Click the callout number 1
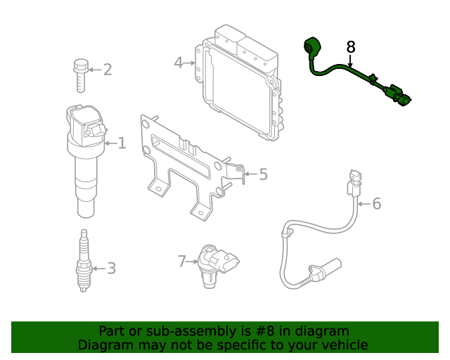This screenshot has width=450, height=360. click(x=122, y=143)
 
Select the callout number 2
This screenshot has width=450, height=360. click(x=108, y=69)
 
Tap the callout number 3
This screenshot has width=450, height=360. click(x=110, y=268)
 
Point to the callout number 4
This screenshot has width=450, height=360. click(x=179, y=63)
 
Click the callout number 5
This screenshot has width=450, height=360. click(x=263, y=174)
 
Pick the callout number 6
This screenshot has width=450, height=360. click(x=376, y=204)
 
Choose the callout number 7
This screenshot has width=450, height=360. click(x=182, y=262)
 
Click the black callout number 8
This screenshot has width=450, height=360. click(x=351, y=47)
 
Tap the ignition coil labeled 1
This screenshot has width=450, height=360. click(x=84, y=158)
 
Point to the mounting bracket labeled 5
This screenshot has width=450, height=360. click(x=186, y=169)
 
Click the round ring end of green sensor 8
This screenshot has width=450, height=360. click(x=310, y=47)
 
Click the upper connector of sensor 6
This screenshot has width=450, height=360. click(x=353, y=184)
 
